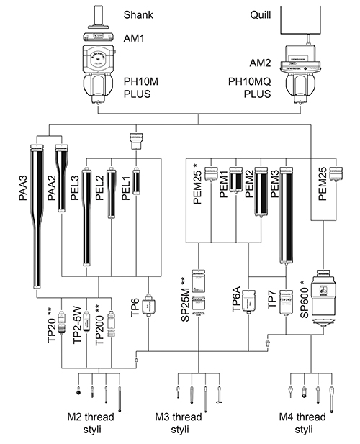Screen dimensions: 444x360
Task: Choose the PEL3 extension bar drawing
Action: click(87, 216)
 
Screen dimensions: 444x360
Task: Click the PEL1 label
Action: click(125, 176)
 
